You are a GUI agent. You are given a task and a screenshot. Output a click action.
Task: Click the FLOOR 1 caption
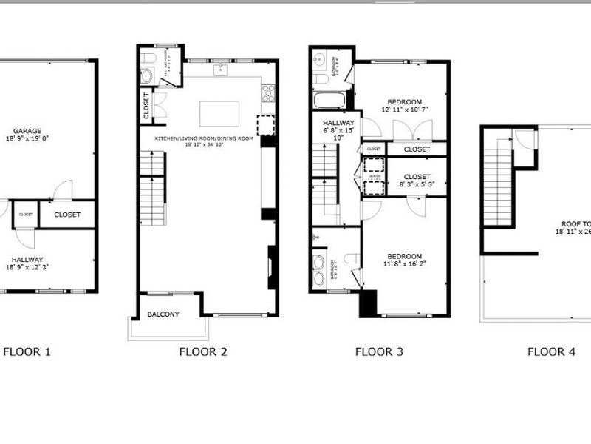click(27, 351)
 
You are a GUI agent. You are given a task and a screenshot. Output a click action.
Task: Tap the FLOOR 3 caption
click(379, 351)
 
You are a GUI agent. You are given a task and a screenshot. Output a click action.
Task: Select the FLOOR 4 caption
click(551, 351)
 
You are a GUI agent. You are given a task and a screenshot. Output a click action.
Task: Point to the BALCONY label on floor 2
click(163, 314)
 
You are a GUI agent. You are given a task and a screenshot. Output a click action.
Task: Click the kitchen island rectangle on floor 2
click(219, 114)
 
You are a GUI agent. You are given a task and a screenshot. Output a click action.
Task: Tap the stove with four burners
click(268, 92)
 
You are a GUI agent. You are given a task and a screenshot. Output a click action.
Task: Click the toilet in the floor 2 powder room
click(147, 58)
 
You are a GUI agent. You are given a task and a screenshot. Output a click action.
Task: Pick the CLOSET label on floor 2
click(146, 105)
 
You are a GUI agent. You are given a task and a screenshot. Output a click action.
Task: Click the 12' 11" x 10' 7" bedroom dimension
click(405, 110)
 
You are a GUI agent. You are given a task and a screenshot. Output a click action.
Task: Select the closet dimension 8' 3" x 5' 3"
click(417, 184)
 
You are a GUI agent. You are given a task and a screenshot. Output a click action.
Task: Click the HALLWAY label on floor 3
click(338, 124)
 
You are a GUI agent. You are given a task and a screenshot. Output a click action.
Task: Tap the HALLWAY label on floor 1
click(27, 260)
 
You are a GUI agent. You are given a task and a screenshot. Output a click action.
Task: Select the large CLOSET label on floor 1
click(66, 215)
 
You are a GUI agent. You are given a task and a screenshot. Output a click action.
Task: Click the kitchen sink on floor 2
click(220, 70)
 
